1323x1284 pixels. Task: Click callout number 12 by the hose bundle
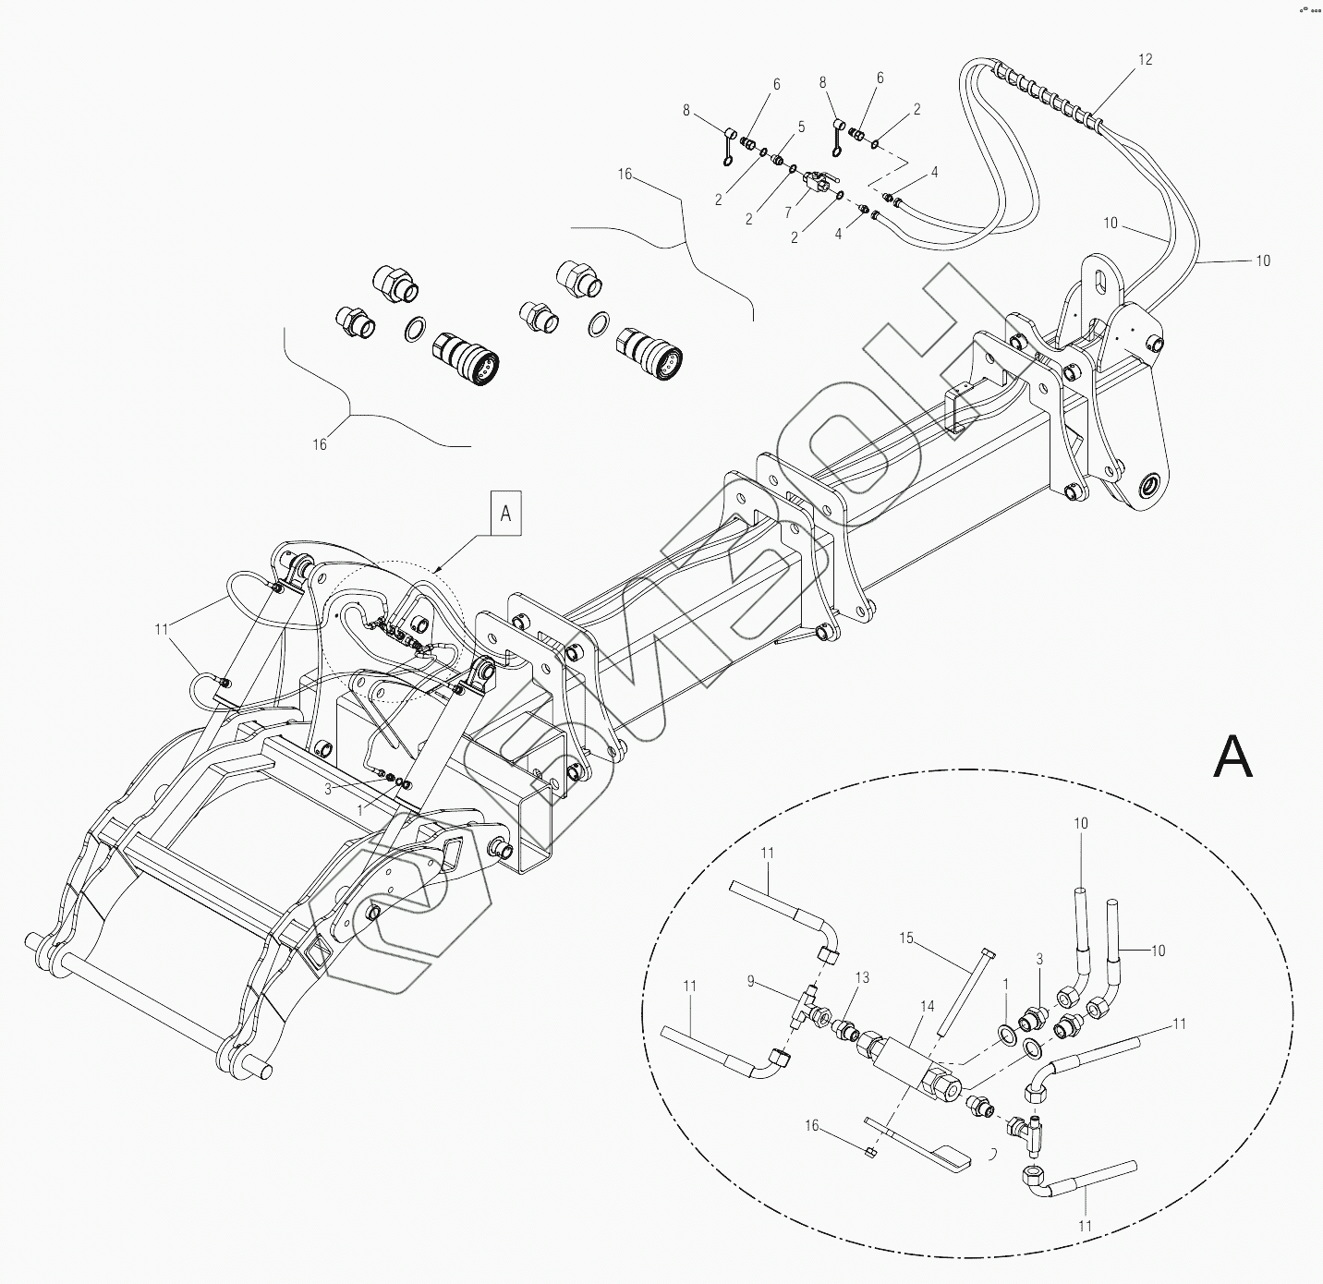1145,60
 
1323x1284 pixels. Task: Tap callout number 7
787,212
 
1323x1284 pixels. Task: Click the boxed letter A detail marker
505,513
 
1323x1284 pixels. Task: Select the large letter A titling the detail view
1232,757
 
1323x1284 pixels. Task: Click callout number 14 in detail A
928,1006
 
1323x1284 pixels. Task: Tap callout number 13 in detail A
863,978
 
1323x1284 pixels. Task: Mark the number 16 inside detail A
811,1126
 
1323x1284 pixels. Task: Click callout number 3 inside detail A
1039,961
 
